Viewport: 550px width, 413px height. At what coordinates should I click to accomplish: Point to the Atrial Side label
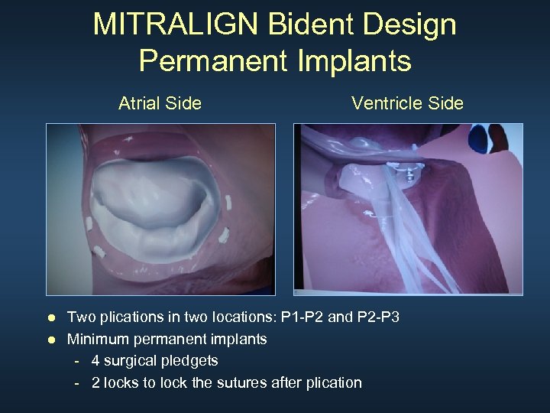pos(160,103)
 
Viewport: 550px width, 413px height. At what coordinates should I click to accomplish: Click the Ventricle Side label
pos(407,103)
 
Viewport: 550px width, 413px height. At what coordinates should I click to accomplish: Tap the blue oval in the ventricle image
pos(482,139)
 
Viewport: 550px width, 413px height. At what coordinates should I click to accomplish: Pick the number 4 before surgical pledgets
pos(95,360)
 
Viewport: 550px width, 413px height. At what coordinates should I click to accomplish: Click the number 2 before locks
pos(95,382)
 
